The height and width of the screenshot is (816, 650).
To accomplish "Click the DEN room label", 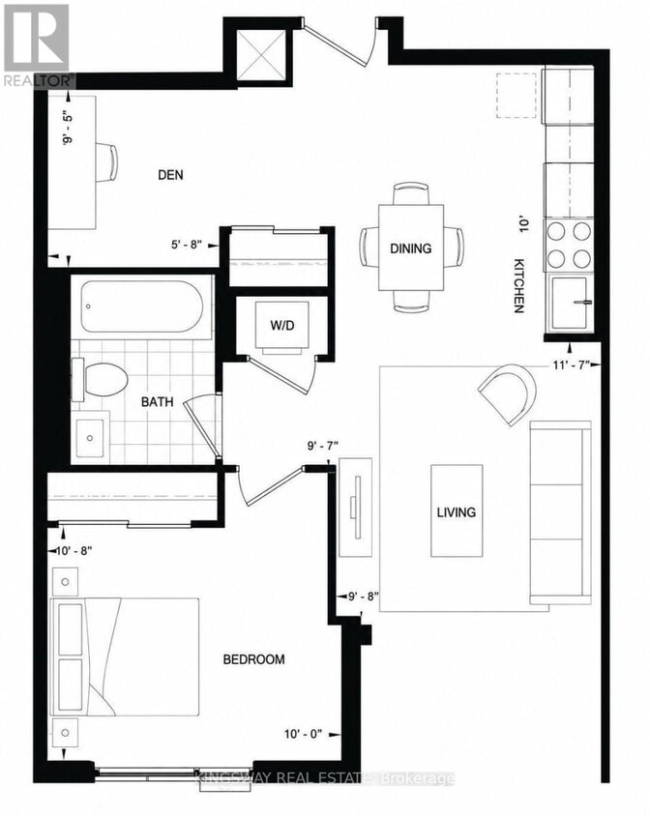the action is click(170, 174).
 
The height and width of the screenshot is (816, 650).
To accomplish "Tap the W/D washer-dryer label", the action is click(281, 325).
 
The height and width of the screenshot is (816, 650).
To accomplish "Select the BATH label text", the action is click(157, 402).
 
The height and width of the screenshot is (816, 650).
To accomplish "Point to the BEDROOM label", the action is click(253, 659).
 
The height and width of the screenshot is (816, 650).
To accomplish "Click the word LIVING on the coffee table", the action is click(457, 512).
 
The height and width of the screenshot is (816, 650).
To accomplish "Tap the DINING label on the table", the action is click(411, 248).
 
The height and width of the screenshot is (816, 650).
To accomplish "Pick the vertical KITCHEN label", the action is click(518, 286).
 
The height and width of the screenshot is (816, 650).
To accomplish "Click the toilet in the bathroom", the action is click(101, 379).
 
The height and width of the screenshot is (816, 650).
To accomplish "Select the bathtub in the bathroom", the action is click(141, 307).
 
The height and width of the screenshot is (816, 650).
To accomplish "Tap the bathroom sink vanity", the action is click(91, 437).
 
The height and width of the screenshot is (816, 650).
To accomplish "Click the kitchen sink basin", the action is click(570, 303).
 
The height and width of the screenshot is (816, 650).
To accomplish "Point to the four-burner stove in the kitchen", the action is click(570, 244).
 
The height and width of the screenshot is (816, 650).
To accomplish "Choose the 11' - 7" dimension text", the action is click(571, 364).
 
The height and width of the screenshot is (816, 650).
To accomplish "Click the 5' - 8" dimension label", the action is click(186, 245).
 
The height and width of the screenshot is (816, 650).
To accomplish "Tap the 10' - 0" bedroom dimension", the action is click(303, 734).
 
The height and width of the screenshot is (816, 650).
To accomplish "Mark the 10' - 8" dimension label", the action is click(74, 550).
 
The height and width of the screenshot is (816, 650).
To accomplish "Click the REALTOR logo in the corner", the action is click(38, 45).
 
